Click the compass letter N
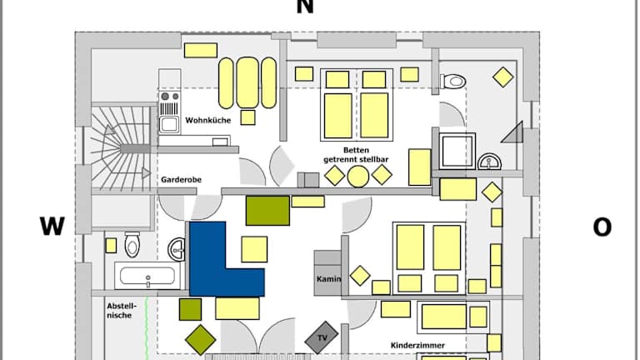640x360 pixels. pos(305,7)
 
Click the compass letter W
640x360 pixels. pos(52,227)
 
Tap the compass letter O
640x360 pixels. pos(602,227)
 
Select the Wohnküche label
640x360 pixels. pos(207,119)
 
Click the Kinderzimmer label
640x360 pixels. pos(417,344)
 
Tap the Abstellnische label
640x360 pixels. pos(121,311)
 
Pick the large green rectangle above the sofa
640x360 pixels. pos(267,211)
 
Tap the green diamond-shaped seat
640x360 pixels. pos(200,338)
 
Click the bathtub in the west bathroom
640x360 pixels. pos(147,276)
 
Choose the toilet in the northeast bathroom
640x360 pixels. pos(452,82)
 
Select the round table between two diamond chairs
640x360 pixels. pos(358,176)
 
